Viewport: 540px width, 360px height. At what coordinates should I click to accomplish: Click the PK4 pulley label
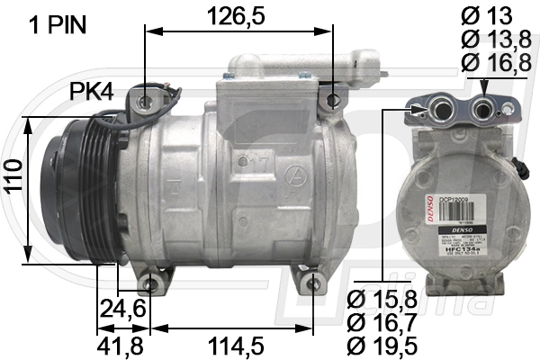pos(93,92)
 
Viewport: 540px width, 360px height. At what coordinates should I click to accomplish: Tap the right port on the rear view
pos(484,111)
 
